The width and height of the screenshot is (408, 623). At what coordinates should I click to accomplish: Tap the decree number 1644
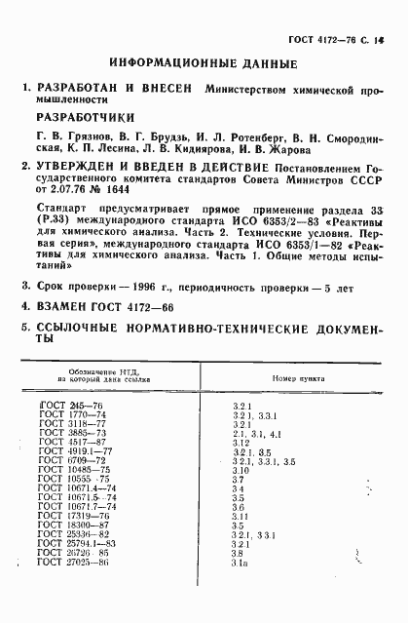pyautogui.click(x=157, y=191)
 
